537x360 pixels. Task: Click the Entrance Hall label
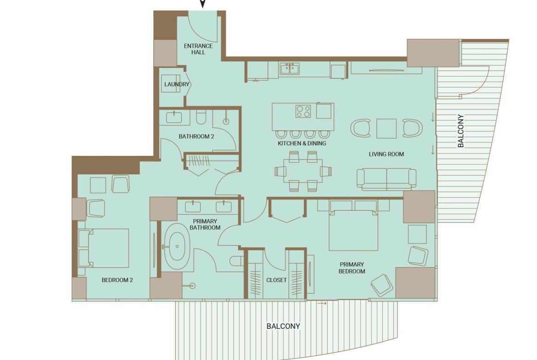(x=198, y=49)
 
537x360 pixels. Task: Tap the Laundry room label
(x=177, y=84)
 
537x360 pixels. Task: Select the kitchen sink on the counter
(x=290, y=69)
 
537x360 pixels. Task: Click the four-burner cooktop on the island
(x=303, y=111)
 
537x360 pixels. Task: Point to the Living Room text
(x=386, y=154)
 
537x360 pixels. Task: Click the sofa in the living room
(x=386, y=179)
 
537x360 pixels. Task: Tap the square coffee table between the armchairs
(x=386, y=128)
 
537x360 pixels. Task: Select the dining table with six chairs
(x=303, y=171)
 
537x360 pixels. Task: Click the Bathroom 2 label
(x=196, y=137)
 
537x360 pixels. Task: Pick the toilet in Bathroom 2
(x=201, y=117)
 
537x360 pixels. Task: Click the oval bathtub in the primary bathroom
(x=177, y=246)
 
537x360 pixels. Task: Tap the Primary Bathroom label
(x=205, y=225)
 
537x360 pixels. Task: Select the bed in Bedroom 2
(x=103, y=248)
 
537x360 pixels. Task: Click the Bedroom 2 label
(x=117, y=280)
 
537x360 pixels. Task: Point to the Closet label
(x=276, y=280)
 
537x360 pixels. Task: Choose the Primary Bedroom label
(x=352, y=268)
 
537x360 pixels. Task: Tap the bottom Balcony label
(x=283, y=326)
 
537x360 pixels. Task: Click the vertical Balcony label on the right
(x=461, y=131)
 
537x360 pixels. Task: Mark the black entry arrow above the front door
(x=202, y=3)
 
